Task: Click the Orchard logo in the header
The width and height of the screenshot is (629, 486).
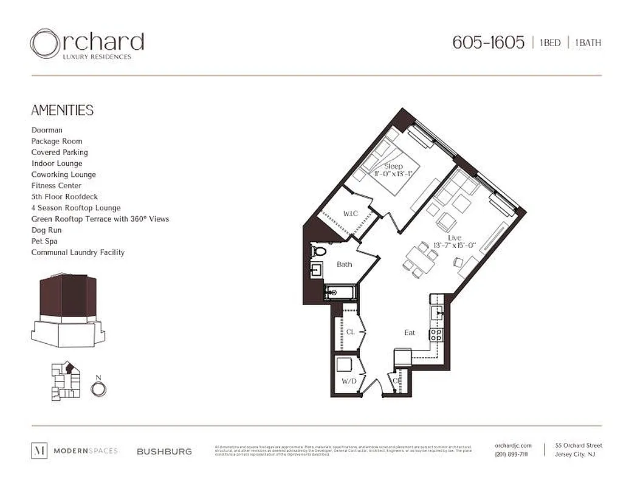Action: tap(86, 44)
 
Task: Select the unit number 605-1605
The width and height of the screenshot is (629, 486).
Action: tap(488, 43)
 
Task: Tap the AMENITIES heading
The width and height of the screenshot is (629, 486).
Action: tap(62, 110)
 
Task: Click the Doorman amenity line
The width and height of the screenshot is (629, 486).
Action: tap(47, 130)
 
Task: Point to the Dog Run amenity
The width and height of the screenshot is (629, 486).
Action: tap(46, 230)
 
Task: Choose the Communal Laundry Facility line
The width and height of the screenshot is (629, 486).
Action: tap(78, 252)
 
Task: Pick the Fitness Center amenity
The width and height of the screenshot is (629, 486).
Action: tap(56, 185)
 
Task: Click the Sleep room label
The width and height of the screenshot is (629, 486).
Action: tap(393, 166)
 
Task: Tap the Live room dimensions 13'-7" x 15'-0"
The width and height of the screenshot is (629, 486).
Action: tap(454, 245)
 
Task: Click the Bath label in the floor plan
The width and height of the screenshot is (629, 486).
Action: tap(345, 264)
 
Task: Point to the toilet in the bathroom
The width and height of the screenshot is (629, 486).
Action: tap(319, 250)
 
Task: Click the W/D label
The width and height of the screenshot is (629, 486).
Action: tap(348, 381)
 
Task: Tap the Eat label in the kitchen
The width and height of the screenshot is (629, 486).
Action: tap(410, 332)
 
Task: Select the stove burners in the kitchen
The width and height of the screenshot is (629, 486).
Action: tap(436, 334)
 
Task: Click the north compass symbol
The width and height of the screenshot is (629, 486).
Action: tap(98, 388)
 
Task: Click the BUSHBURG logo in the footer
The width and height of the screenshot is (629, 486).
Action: tap(164, 451)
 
